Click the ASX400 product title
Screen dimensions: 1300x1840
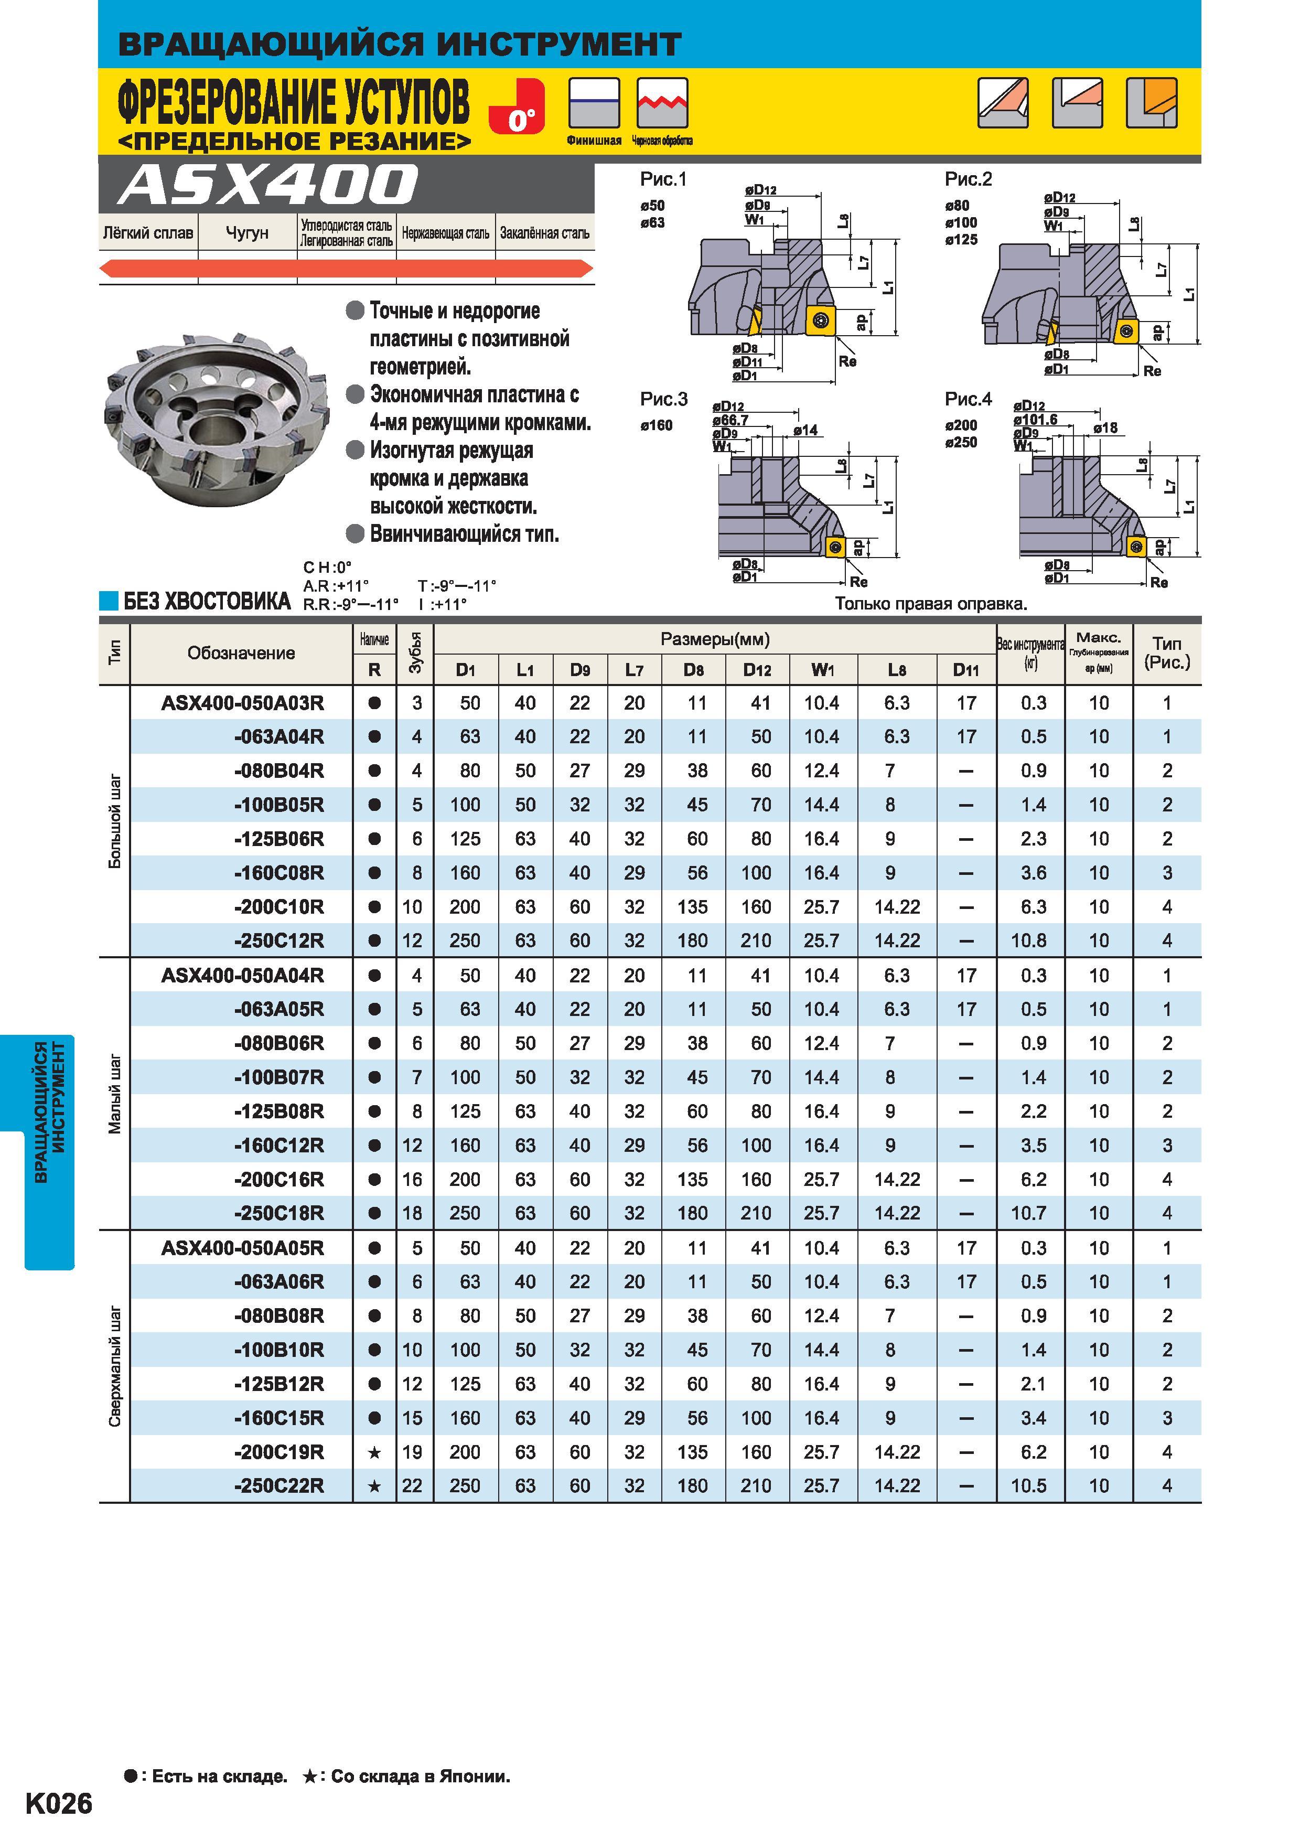click(267, 185)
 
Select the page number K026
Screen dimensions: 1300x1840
click(59, 1803)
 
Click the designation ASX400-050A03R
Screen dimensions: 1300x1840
click(243, 703)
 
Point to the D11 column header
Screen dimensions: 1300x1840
click(965, 670)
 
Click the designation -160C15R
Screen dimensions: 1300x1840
click(279, 1418)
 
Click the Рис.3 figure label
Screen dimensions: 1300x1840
click(663, 399)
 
